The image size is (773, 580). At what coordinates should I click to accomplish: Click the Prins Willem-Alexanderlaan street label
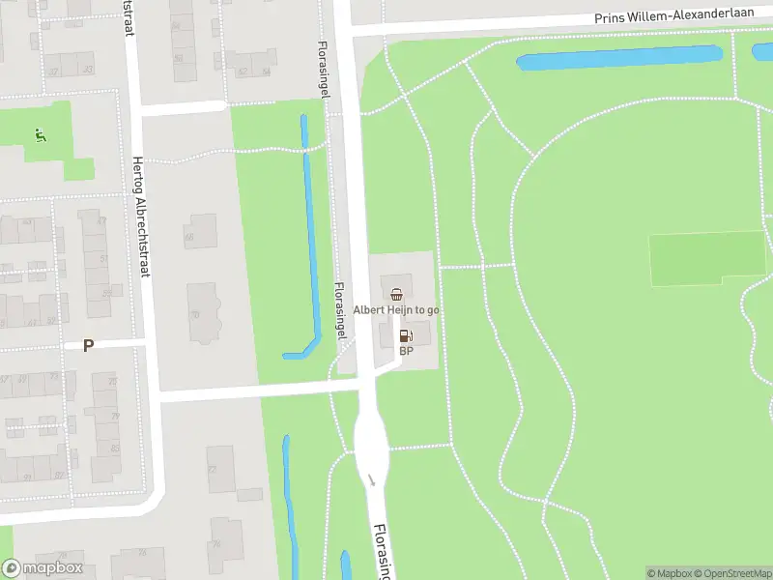tap(673, 18)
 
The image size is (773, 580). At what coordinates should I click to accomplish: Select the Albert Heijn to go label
tap(396, 309)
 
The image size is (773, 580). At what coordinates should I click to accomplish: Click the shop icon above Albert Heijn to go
tap(396, 293)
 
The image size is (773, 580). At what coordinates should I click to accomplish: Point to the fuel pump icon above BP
tap(406, 335)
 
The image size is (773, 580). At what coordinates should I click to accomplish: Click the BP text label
tap(406, 351)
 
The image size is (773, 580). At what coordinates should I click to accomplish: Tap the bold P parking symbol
tap(88, 345)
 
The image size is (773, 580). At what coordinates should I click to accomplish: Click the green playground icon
tap(39, 134)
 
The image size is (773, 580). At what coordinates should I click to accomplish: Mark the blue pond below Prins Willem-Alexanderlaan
tap(618, 58)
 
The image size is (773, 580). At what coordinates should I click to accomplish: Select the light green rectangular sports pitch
tap(706, 258)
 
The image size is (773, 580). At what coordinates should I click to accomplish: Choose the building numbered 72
tap(220, 468)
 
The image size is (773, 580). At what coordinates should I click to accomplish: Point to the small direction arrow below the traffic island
tap(371, 480)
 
